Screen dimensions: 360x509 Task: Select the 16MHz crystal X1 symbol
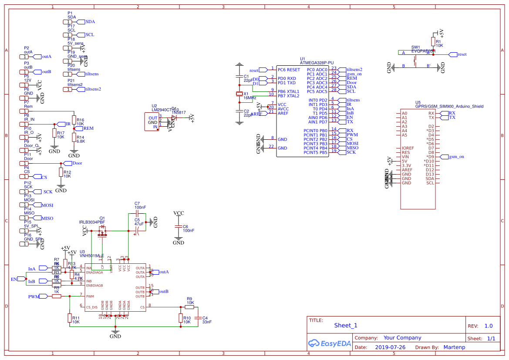point(239,94)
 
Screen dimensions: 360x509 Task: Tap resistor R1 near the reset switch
point(433,42)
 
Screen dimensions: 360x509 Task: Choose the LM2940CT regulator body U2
point(152,122)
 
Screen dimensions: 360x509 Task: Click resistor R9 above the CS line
point(190,307)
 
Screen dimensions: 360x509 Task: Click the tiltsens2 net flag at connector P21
point(81,89)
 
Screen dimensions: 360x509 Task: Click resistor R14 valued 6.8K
point(74,139)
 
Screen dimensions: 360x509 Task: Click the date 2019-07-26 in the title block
point(390,347)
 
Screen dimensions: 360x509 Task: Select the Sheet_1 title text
point(346,325)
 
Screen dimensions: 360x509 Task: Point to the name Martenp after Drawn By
point(454,347)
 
